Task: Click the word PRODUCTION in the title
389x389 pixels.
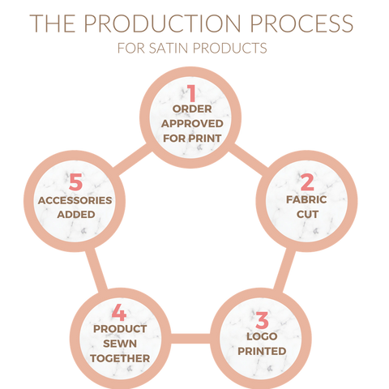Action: (163, 24)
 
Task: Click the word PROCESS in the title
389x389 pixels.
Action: (301, 24)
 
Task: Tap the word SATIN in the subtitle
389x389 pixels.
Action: (168, 48)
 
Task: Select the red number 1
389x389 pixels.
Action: (191, 92)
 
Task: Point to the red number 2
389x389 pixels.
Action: (307, 182)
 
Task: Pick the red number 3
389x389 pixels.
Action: (262, 320)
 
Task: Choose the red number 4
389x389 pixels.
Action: (119, 313)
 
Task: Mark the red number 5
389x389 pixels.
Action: (75, 182)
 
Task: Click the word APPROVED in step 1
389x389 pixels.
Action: (192, 124)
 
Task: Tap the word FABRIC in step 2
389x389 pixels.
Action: (306, 200)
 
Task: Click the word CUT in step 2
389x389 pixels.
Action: (307, 215)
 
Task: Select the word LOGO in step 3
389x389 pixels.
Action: (262, 336)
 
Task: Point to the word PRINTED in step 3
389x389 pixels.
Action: (262, 351)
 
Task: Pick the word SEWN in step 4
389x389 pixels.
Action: (120, 344)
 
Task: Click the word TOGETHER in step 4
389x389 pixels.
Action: (120, 358)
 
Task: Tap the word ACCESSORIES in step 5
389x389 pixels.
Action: (75, 200)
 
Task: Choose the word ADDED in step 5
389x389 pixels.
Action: (76, 215)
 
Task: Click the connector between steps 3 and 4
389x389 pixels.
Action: (190, 339)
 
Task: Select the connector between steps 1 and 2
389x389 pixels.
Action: (250, 159)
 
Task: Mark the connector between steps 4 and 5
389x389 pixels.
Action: (96, 269)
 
